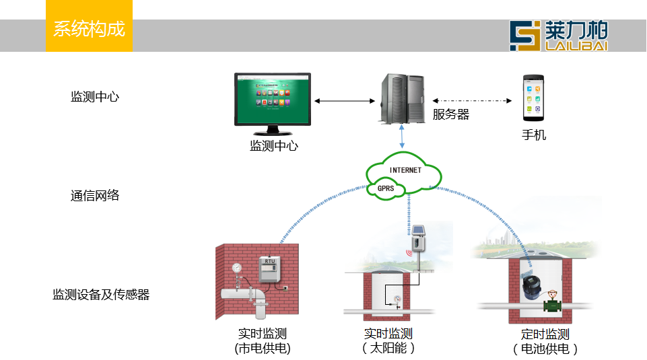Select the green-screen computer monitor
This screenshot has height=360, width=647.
[x=273, y=100]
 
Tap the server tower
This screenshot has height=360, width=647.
[x=402, y=98]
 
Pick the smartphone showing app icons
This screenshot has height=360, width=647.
[x=533, y=98]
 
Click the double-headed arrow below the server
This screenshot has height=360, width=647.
[x=402, y=137]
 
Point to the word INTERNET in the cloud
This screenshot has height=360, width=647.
[x=405, y=170]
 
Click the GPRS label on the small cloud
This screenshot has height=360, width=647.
[x=386, y=188]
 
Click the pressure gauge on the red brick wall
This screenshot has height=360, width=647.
[x=236, y=268]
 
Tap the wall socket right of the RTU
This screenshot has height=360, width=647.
[x=285, y=287]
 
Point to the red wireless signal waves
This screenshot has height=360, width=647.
[x=408, y=254]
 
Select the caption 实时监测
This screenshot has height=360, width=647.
[x=388, y=332]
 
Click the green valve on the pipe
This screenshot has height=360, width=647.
[x=553, y=305]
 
